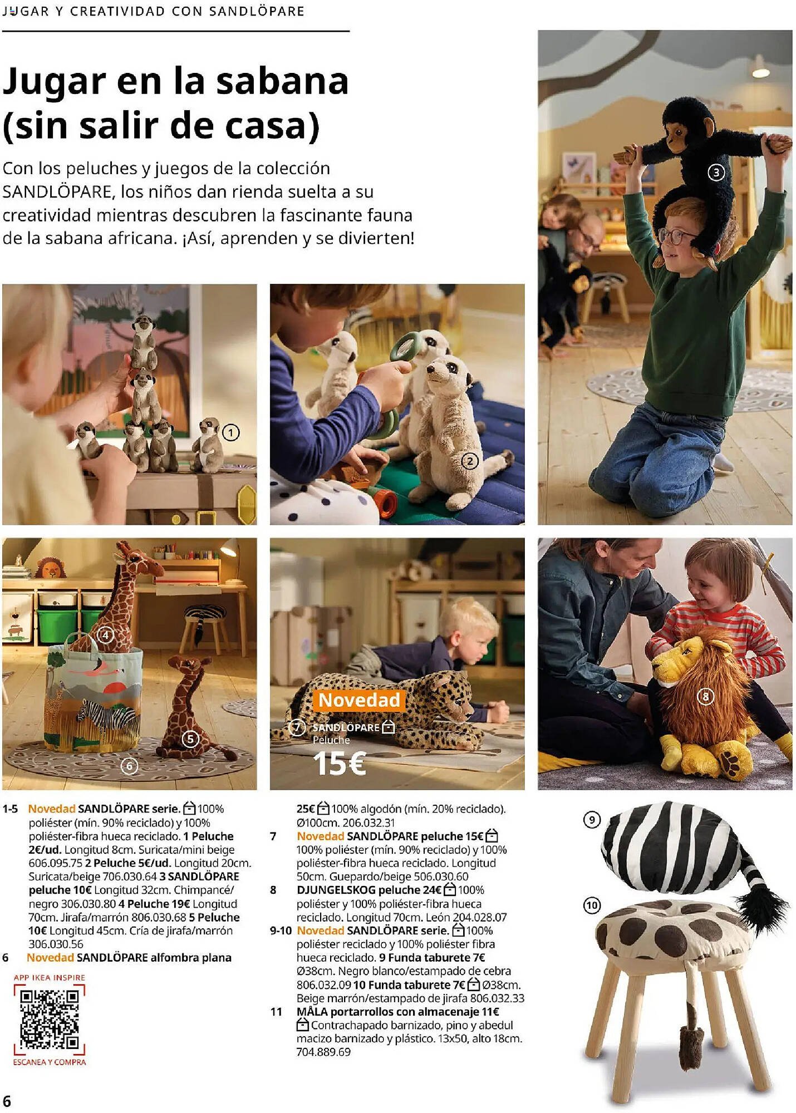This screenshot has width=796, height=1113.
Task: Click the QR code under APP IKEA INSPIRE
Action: coord(50,1019)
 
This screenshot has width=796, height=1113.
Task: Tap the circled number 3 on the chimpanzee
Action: coord(716,173)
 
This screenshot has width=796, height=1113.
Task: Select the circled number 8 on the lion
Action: coord(705,696)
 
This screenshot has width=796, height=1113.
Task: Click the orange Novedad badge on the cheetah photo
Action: coord(359,700)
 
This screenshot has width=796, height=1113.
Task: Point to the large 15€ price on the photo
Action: coord(339,763)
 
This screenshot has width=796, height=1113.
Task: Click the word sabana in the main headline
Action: coord(282,81)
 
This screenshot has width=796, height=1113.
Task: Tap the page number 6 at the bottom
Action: coord(7,1101)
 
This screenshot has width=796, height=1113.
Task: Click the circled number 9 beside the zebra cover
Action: coord(592,820)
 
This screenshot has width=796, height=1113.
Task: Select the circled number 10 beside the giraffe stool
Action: coord(592,905)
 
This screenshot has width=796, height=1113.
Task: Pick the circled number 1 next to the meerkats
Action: coord(230,432)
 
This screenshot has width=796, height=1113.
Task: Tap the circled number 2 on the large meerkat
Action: coord(470,461)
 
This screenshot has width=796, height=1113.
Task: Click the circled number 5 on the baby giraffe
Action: coord(190,738)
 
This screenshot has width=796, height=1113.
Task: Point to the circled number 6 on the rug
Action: coord(129,766)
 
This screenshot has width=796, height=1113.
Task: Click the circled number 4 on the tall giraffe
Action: coord(105,635)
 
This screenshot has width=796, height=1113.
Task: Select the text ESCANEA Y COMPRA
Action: coord(50,1062)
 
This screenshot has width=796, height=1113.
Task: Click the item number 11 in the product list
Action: coord(276,1012)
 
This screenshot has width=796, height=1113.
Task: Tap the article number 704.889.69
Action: coord(323,1052)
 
